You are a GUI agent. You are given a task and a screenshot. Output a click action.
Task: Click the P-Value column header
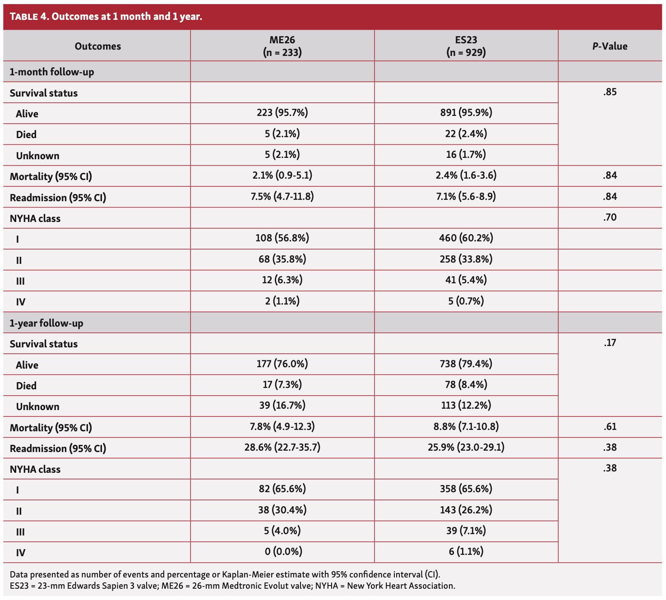pyautogui.click(x=610, y=46)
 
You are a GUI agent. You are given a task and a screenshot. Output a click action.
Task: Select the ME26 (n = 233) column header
pyautogui.click(x=282, y=46)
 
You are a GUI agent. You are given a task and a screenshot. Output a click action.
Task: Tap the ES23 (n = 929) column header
pyautogui.click(x=466, y=46)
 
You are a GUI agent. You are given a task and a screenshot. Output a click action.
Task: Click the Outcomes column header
pyautogui.click(x=97, y=46)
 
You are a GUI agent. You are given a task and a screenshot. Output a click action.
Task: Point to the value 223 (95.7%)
pyautogui.click(x=282, y=113)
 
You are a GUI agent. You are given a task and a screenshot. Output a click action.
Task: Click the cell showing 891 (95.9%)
pyautogui.click(x=466, y=113)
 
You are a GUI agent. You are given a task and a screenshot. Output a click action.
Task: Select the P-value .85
pyautogui.click(x=610, y=92)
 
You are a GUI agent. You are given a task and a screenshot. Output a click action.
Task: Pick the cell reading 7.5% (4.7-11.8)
pyautogui.click(x=282, y=196)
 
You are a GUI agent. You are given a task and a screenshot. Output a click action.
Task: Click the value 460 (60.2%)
pyautogui.click(x=466, y=238)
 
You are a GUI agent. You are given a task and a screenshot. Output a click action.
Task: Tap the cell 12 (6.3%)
pyautogui.click(x=282, y=280)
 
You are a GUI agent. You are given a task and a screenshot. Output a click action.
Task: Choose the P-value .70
pyautogui.click(x=610, y=217)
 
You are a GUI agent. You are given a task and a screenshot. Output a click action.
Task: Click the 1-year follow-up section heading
pyautogui.click(x=46, y=323)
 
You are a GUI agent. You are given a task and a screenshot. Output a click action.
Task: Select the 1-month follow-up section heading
pyautogui.click(x=52, y=72)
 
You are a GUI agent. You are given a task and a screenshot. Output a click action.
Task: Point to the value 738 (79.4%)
pyautogui.click(x=466, y=364)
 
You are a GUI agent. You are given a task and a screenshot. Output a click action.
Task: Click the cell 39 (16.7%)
pyautogui.click(x=282, y=405)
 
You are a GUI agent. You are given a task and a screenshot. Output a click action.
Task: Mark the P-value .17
pyautogui.click(x=610, y=343)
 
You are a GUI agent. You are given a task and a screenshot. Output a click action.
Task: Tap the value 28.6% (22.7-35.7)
pyautogui.click(x=282, y=447)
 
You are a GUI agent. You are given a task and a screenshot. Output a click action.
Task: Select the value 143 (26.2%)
pyautogui.click(x=466, y=510)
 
